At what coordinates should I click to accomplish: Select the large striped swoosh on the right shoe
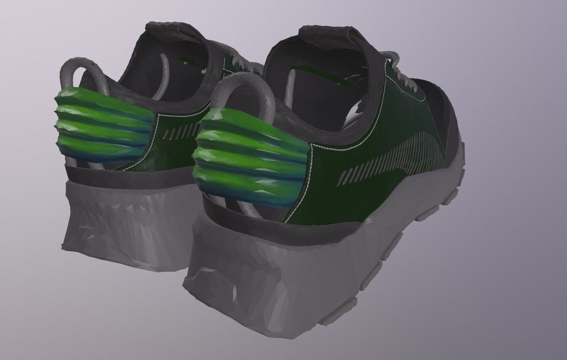400,156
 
